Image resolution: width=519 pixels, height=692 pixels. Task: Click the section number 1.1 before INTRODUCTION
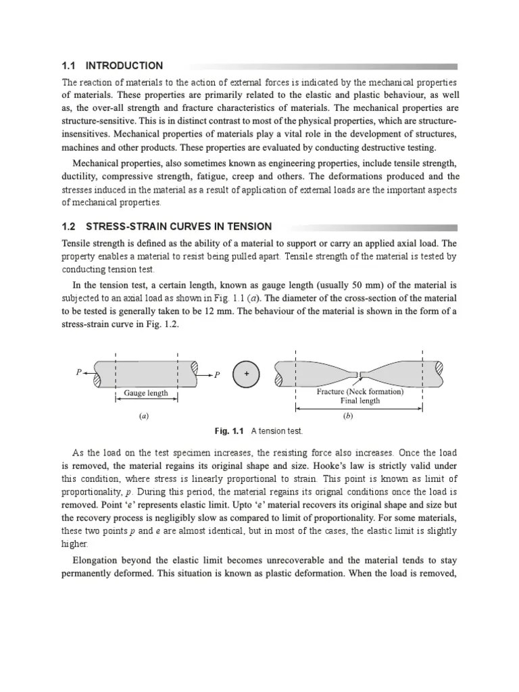(x=70, y=66)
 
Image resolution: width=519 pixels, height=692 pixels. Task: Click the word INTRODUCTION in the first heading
(x=124, y=66)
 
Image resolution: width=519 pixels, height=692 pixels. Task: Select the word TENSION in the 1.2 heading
(x=247, y=226)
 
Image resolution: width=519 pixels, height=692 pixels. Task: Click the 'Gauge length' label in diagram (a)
(x=146, y=393)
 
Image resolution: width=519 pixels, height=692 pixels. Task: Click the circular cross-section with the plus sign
(x=246, y=374)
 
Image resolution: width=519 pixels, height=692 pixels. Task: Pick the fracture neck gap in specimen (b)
(x=359, y=374)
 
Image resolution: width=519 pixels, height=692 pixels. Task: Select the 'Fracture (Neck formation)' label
(x=360, y=391)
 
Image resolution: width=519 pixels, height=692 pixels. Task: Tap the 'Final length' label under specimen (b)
(x=360, y=401)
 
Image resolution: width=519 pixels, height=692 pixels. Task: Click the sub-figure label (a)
(x=143, y=416)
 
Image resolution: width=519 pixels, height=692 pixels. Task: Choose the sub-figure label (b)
(x=349, y=416)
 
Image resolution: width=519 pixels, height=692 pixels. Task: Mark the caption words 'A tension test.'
(x=277, y=431)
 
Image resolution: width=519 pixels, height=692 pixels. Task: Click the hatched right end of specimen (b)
(x=439, y=371)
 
